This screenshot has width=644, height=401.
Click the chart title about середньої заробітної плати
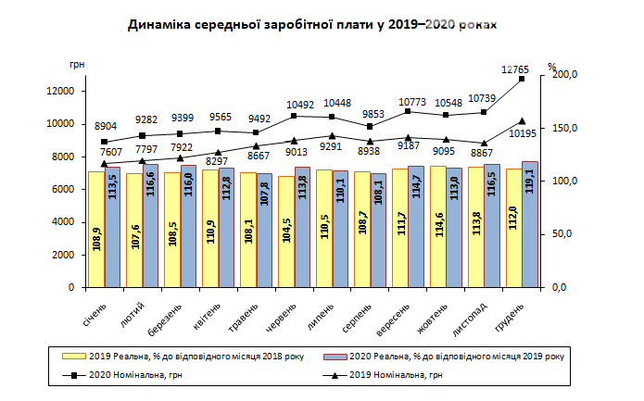click(x=312, y=27)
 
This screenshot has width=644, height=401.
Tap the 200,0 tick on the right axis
click(x=563, y=74)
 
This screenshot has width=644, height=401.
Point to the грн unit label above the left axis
click(x=77, y=65)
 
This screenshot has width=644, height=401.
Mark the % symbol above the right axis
click(x=551, y=66)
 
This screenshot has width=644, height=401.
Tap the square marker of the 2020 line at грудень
click(x=522, y=80)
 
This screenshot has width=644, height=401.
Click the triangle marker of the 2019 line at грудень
click(x=522, y=121)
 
